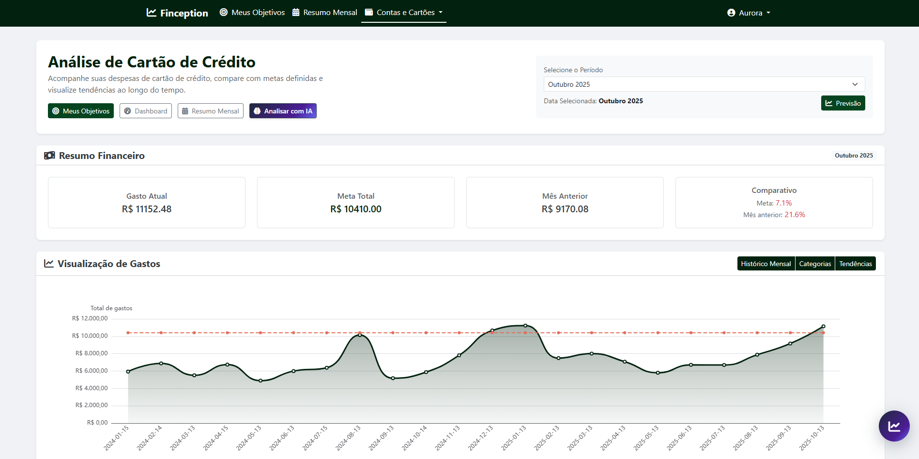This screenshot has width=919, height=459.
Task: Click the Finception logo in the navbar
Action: click(x=177, y=13)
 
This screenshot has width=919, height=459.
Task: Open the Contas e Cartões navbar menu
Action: click(x=404, y=13)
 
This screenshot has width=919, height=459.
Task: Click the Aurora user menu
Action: click(x=749, y=13)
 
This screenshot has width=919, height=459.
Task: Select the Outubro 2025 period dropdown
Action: click(x=704, y=84)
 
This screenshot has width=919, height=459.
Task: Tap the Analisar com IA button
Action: click(x=283, y=111)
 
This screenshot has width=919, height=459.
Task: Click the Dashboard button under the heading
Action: click(x=146, y=111)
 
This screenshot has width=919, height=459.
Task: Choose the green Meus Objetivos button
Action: click(x=81, y=111)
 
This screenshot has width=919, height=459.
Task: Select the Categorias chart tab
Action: click(x=815, y=264)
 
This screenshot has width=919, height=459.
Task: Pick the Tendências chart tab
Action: click(x=856, y=264)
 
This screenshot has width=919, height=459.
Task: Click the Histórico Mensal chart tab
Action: click(x=766, y=264)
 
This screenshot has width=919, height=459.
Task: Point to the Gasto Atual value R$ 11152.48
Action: click(x=147, y=209)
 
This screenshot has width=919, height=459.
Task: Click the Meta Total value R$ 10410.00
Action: click(x=356, y=209)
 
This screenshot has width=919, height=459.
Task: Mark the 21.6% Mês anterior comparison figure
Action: click(x=795, y=215)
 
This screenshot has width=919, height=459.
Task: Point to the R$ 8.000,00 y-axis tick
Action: click(x=92, y=353)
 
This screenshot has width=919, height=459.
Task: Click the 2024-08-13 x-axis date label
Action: click(x=349, y=438)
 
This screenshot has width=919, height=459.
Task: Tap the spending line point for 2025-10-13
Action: click(x=823, y=327)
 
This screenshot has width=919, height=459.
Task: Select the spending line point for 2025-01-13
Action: click(x=525, y=326)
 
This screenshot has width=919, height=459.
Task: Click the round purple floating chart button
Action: click(x=894, y=426)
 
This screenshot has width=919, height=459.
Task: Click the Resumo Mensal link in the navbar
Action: click(x=325, y=13)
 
